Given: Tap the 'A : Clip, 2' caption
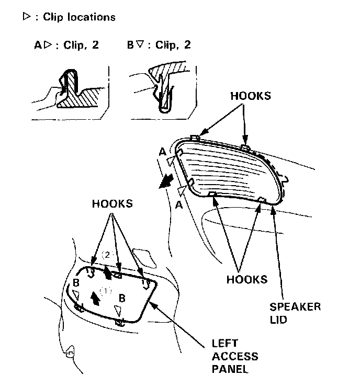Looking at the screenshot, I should click(65, 45).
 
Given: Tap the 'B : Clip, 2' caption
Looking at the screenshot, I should click(159, 45).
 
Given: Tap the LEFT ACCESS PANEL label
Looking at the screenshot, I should click(234, 357).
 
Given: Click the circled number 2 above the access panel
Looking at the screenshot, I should click(106, 255).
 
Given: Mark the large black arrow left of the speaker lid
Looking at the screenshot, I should click(166, 180).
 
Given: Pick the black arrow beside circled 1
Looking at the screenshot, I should click(95, 297).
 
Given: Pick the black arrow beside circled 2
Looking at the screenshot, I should click(108, 272).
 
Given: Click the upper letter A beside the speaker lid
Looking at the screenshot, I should click(163, 152).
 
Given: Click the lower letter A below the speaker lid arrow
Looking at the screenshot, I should click(179, 206).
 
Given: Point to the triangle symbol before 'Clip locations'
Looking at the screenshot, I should click(26, 17).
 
